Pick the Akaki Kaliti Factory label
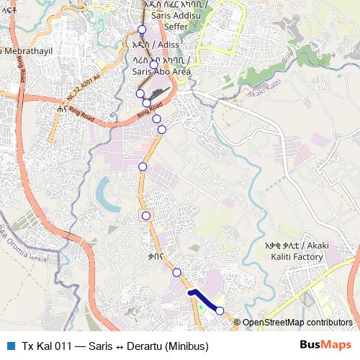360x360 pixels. tap(297, 251)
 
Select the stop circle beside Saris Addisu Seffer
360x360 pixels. tap(142, 30)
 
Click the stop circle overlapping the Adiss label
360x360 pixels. tap(153, 65)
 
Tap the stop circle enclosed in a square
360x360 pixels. tap(145, 215)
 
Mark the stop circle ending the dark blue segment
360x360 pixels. tap(220, 310)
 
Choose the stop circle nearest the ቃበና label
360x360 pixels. tap(176, 272)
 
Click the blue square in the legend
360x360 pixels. tap(9, 345)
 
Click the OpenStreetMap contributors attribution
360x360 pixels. tap(297, 323)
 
